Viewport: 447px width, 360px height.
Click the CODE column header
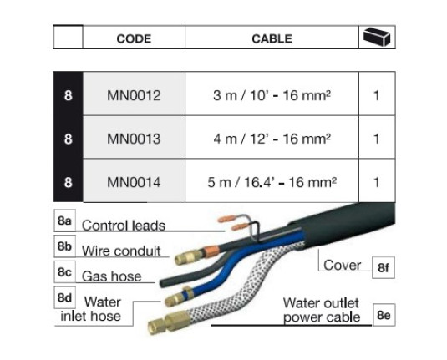click(134, 38)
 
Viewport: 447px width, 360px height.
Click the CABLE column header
click(272, 38)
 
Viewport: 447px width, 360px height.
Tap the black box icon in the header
click(377, 37)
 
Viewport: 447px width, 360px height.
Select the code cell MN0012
click(134, 95)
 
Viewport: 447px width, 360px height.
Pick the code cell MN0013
click(134, 139)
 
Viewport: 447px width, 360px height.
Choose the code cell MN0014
click(134, 182)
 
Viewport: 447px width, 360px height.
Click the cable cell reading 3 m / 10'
click(272, 95)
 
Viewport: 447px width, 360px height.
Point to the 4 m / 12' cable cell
click(272, 139)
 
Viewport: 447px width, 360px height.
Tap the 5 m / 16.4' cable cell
click(272, 182)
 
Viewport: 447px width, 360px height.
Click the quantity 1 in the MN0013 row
click(377, 139)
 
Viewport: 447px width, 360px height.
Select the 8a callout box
click(64, 221)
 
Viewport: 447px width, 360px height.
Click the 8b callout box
click(64, 246)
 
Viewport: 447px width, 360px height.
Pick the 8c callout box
click(64, 272)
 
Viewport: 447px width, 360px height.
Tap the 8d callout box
click(64, 297)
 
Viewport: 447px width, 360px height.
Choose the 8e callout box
click(384, 315)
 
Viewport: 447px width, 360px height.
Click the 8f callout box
click(384, 267)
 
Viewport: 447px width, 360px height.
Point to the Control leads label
click(124, 226)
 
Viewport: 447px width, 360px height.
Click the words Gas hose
click(111, 276)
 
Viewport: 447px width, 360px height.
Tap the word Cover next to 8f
click(342, 265)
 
